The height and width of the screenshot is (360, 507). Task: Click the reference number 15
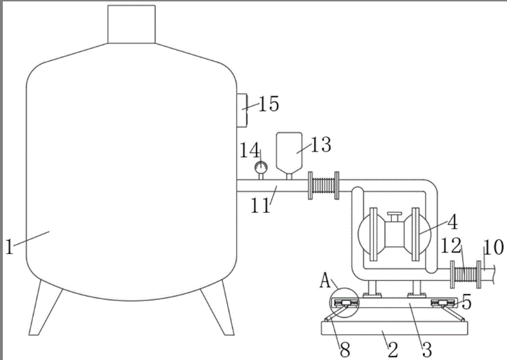coord(269,104)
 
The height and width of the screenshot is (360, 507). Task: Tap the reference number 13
coord(320,145)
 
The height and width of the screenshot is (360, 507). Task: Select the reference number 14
coord(250,150)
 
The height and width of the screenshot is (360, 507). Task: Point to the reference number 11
coord(261,205)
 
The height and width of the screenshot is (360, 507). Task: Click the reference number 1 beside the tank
coord(9,246)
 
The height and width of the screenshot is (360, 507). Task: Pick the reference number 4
coord(453,222)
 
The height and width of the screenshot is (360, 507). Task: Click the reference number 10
coord(494,247)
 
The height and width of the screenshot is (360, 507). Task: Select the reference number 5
coord(466,302)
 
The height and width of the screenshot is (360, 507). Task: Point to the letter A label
coord(325,280)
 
